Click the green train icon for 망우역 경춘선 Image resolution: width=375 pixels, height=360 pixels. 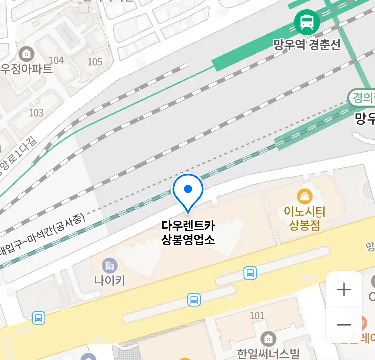click(307, 22)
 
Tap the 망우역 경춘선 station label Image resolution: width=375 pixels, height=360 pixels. click(307, 45)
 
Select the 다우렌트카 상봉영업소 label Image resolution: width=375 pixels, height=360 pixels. click(188, 233)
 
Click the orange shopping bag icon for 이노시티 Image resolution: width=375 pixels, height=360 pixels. click(305, 196)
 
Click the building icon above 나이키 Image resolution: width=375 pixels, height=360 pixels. click(110, 266)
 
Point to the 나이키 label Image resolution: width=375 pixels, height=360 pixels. click(110, 280)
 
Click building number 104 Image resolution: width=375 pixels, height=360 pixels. click(56, 60)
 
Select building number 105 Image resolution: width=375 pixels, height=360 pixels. click(95, 62)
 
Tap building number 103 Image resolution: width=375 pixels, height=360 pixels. click(36, 113)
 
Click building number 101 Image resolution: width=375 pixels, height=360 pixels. click(257, 315)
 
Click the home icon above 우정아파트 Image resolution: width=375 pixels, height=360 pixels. click(26, 54)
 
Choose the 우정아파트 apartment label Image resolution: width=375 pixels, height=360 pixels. click(26, 69)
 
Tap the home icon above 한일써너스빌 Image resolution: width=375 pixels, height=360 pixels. click(268, 339)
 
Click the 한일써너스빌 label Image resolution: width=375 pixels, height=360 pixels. click(268, 354)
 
